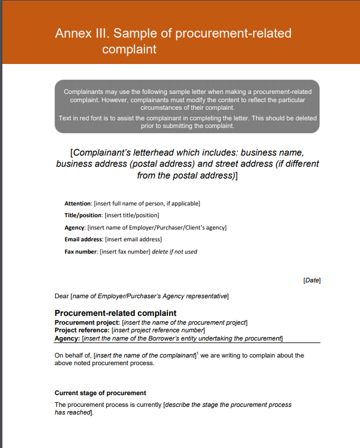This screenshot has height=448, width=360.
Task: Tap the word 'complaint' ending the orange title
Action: tap(129, 49)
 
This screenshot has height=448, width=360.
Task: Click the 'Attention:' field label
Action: tap(78, 204)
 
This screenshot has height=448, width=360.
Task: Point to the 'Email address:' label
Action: tap(83, 240)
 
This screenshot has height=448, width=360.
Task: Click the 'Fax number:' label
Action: tap(81, 252)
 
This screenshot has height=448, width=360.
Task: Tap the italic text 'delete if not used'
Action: tap(174, 252)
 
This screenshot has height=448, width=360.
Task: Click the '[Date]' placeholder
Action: tap(312, 281)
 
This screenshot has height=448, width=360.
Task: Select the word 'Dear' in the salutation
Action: tap(62, 296)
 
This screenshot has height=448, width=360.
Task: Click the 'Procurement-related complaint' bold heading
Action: tap(115, 313)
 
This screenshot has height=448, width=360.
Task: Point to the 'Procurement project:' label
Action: tap(87, 322)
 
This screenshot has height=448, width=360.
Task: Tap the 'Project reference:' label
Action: tap(82, 330)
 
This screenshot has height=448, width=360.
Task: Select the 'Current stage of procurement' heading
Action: tap(100, 393)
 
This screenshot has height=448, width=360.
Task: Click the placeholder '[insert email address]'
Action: tap(133, 240)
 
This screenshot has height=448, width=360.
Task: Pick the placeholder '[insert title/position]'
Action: tap(132, 215)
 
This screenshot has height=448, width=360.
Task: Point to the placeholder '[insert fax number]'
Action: tap(125, 252)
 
